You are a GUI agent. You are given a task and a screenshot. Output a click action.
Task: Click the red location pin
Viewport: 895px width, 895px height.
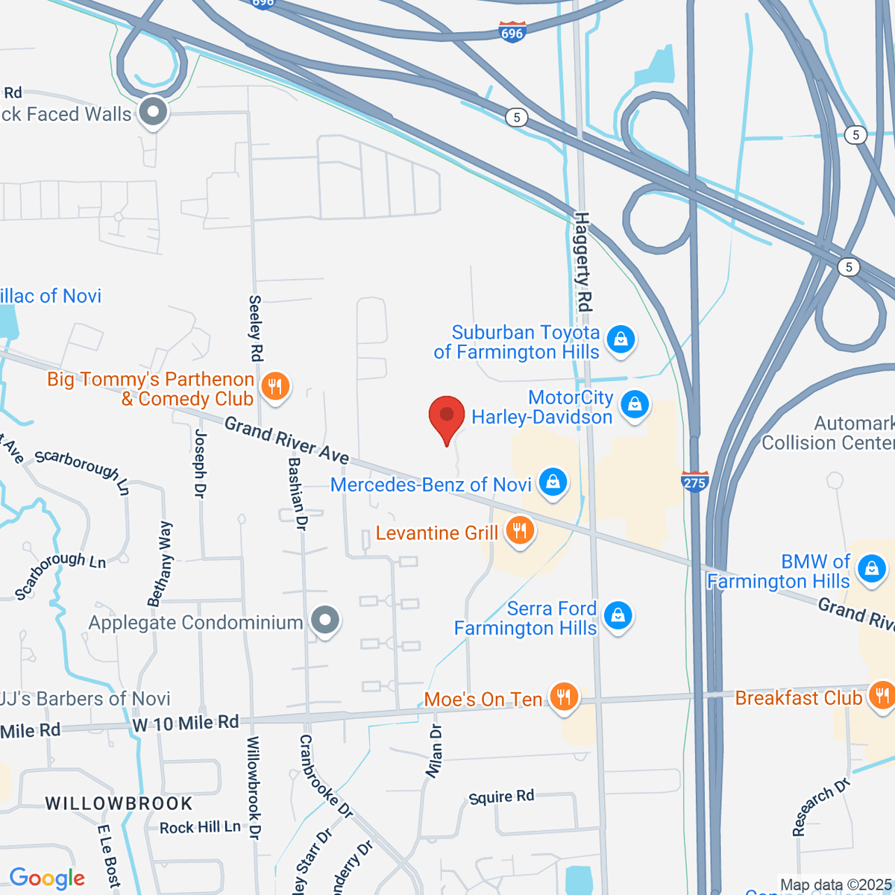pos(447,416)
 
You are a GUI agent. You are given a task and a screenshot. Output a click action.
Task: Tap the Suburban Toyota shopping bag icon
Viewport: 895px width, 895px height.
pos(621,339)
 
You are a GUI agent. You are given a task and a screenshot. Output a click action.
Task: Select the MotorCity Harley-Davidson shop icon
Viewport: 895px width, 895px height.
pos(635,405)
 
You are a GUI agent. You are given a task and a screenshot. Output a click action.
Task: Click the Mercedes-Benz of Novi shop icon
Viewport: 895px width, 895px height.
pos(553,481)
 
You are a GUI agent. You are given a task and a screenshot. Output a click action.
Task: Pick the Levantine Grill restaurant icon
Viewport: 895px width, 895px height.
pos(519,531)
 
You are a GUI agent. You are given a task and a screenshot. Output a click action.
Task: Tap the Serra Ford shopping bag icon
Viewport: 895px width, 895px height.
pos(618,616)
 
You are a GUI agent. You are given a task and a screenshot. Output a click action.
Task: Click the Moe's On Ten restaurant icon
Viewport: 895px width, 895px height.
pos(563,697)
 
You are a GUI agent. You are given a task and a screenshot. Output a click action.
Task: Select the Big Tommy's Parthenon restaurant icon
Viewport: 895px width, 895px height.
pos(275,386)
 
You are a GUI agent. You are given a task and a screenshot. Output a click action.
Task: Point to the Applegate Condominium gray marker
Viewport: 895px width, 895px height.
pos(325,621)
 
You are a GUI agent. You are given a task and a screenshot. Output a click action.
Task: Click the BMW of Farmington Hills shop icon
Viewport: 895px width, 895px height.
pos(870,569)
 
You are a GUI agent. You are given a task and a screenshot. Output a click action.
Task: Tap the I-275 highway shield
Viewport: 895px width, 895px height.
pos(694,481)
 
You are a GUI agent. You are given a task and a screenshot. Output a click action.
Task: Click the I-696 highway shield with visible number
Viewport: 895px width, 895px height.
pos(512,33)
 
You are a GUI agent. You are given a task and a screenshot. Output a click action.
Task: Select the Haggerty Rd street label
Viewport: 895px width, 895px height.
pos(582,262)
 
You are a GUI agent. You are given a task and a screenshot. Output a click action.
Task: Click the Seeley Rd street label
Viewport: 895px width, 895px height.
pos(255,328)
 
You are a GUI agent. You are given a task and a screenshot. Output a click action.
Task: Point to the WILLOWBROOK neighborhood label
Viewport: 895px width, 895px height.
pos(119,803)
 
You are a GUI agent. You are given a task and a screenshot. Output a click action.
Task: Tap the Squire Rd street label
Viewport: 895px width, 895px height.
pos(501,797)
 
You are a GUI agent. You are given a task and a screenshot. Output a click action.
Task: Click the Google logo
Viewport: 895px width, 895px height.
pos(47,878)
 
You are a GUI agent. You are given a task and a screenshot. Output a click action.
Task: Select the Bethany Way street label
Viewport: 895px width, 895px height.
pos(160,564)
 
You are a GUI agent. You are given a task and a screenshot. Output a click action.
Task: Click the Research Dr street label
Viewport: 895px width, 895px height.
pos(820,807)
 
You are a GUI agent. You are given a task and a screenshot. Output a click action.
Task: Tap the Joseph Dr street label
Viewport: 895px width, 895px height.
pos(200,463)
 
